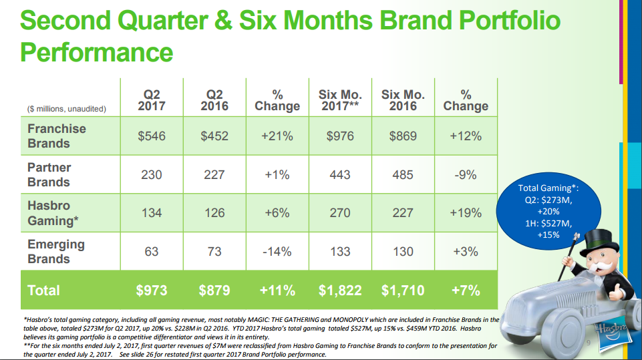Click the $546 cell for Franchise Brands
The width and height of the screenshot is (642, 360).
(x=151, y=136)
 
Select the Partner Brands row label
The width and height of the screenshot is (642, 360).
(x=49, y=174)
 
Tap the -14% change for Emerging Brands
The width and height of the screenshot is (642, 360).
(x=277, y=251)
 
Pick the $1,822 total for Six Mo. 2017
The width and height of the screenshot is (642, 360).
(x=340, y=291)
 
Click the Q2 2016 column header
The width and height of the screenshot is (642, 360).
(x=214, y=100)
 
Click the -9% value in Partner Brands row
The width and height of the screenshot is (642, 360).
(x=465, y=174)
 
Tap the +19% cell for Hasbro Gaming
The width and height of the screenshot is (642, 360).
(x=465, y=213)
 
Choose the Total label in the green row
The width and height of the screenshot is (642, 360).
(x=44, y=291)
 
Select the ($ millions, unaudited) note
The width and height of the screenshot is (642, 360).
(x=67, y=108)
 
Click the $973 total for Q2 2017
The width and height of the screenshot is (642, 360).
(x=151, y=291)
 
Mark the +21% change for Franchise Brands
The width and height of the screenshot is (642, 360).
(x=277, y=136)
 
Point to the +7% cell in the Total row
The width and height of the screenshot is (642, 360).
(x=465, y=291)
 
